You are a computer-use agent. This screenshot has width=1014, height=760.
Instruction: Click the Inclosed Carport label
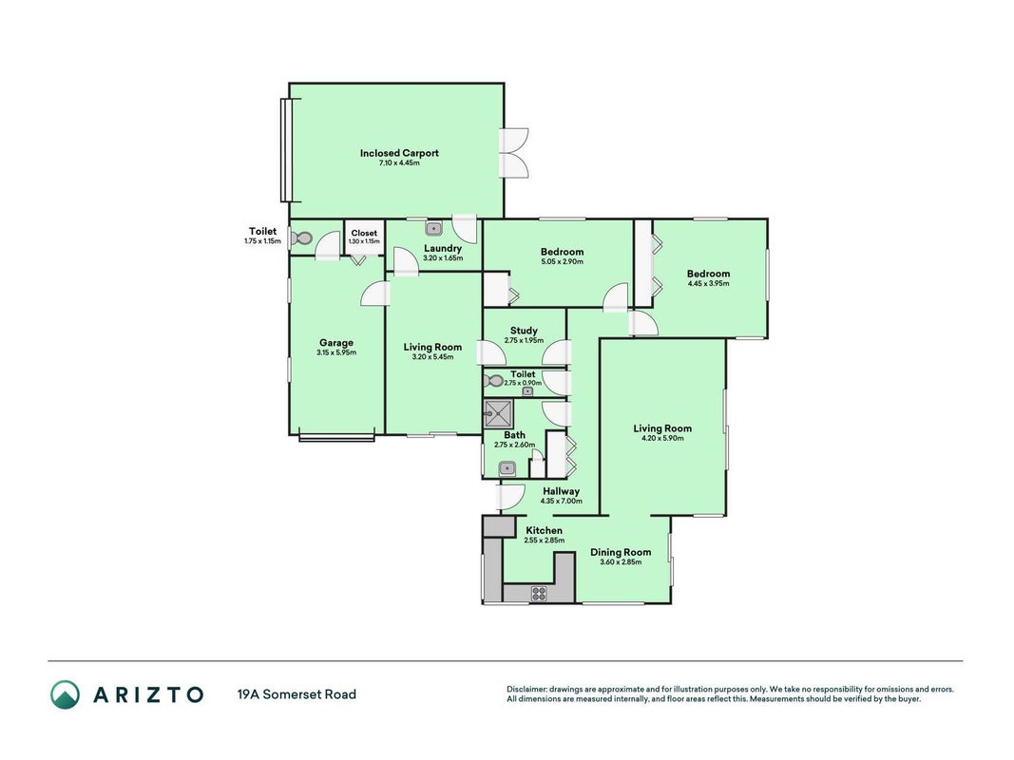(x=399, y=153)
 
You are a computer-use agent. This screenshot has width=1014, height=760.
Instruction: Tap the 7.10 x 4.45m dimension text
(x=399, y=162)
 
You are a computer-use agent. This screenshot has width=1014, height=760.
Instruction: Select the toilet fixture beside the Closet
(x=300, y=238)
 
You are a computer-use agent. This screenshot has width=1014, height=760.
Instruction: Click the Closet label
(x=364, y=234)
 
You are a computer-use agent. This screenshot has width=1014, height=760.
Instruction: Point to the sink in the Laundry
(x=433, y=228)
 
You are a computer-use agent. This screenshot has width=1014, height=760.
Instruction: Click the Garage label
(x=336, y=343)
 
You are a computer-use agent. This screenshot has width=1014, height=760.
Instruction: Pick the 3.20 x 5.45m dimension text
(x=432, y=357)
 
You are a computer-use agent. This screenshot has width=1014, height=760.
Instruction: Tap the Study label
(x=524, y=331)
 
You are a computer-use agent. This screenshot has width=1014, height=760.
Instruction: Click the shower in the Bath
(x=498, y=413)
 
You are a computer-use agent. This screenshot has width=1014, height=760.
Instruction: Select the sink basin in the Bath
(x=507, y=468)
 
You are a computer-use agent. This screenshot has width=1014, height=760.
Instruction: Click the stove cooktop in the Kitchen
(x=539, y=593)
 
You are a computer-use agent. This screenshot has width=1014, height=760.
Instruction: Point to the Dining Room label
(x=621, y=552)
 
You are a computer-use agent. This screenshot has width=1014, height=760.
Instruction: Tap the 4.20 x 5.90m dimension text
(x=662, y=438)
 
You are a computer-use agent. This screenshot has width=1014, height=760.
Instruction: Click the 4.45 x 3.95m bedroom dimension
(x=708, y=283)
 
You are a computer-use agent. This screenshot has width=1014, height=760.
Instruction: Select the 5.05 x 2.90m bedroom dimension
(x=562, y=262)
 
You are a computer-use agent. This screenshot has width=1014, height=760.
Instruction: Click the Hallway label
(x=562, y=491)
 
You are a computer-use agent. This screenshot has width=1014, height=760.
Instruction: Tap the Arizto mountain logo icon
(x=66, y=694)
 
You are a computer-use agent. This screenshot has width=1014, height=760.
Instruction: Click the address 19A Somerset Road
(x=297, y=694)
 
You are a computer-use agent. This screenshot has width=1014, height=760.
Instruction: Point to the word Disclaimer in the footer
(x=526, y=690)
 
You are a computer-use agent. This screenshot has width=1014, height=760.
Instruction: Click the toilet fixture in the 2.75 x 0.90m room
(x=493, y=381)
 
